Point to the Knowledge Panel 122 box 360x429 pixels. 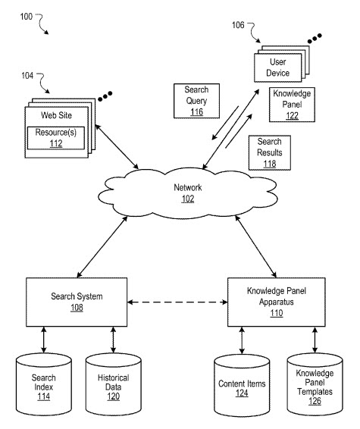coord(291,104)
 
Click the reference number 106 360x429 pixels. coord(238,26)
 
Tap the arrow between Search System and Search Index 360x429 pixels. coord(43,340)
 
